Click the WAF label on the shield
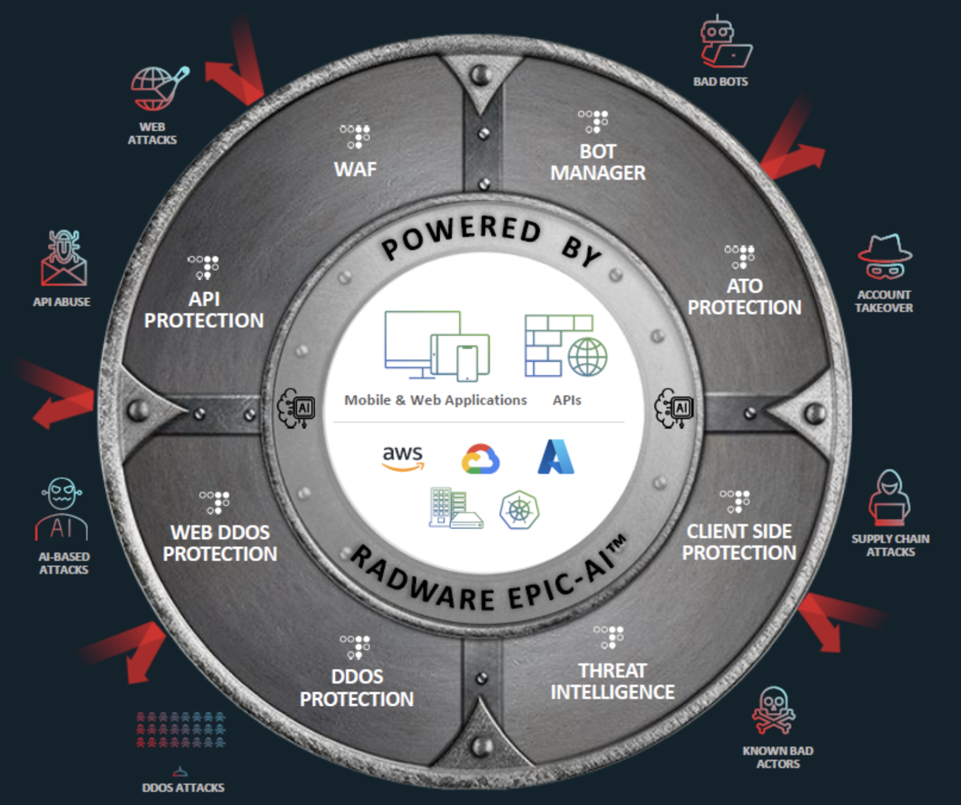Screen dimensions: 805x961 coord(355,169)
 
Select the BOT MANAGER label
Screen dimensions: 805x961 coord(598,162)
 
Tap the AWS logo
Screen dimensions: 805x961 coord(403,457)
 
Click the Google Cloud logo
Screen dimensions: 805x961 coord(481,459)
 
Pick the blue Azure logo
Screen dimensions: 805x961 coord(556,457)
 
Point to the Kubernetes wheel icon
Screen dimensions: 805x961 coord(519,510)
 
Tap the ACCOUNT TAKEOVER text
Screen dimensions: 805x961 coord(884,301)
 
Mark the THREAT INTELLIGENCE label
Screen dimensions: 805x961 coord(612,681)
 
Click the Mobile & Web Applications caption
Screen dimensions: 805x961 coord(435,400)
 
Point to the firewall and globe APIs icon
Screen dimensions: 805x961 coord(565,345)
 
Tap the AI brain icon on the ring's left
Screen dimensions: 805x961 coord(297,408)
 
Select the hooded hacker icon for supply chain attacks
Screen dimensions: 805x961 coord(889,498)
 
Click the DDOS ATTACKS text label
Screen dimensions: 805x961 coord(183,788)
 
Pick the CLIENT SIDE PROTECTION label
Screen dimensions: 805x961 coord(739,542)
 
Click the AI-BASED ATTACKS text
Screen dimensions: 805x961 coord(64,563)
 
